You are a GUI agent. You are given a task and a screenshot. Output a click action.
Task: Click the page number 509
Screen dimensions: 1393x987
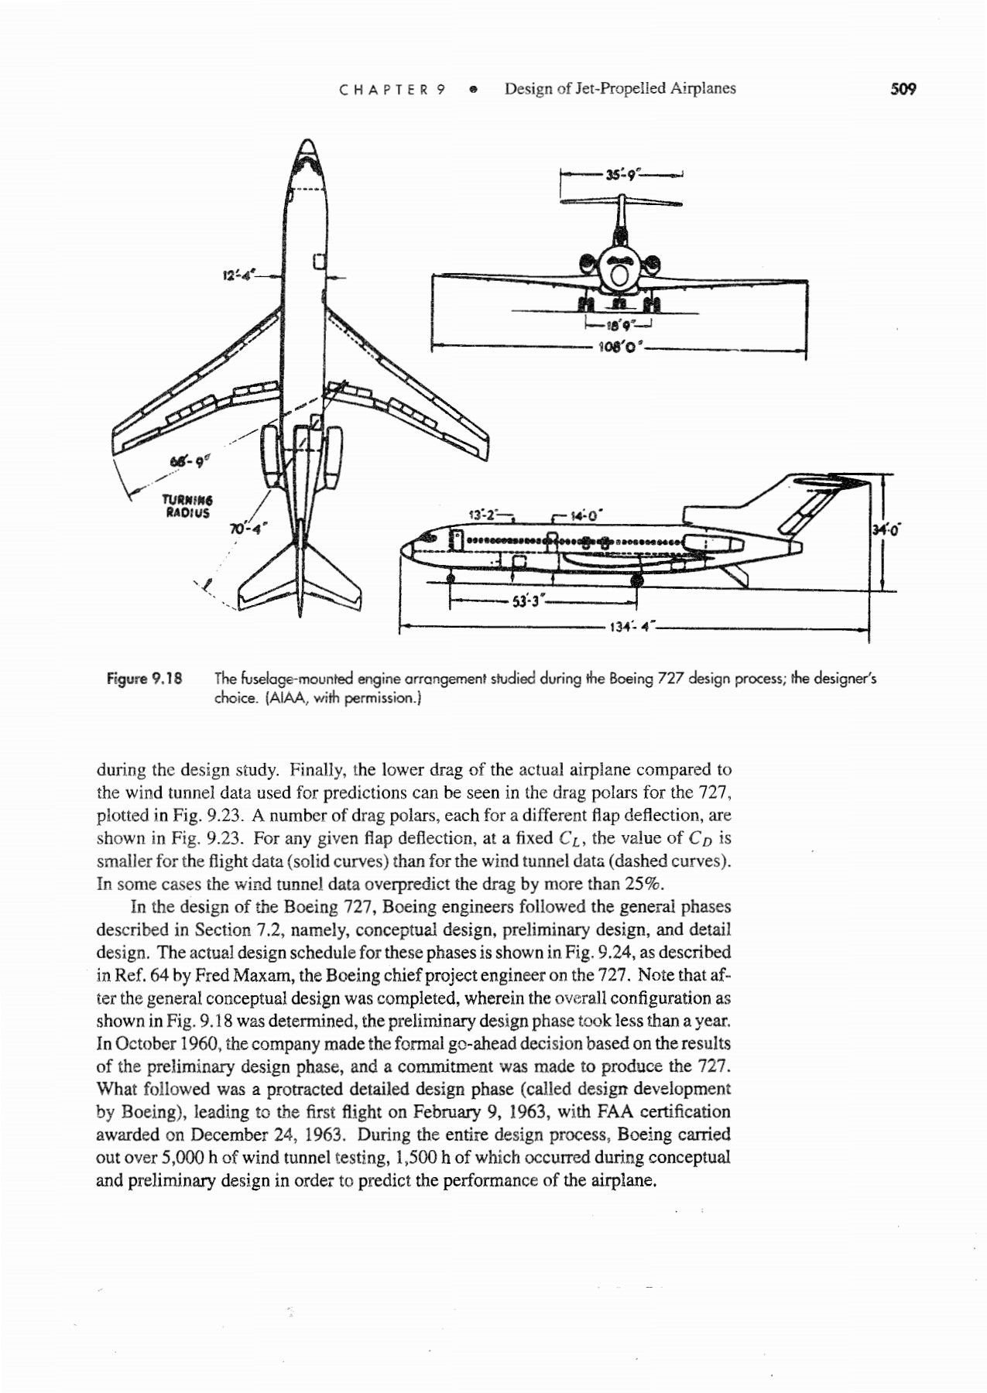pos(903,89)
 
